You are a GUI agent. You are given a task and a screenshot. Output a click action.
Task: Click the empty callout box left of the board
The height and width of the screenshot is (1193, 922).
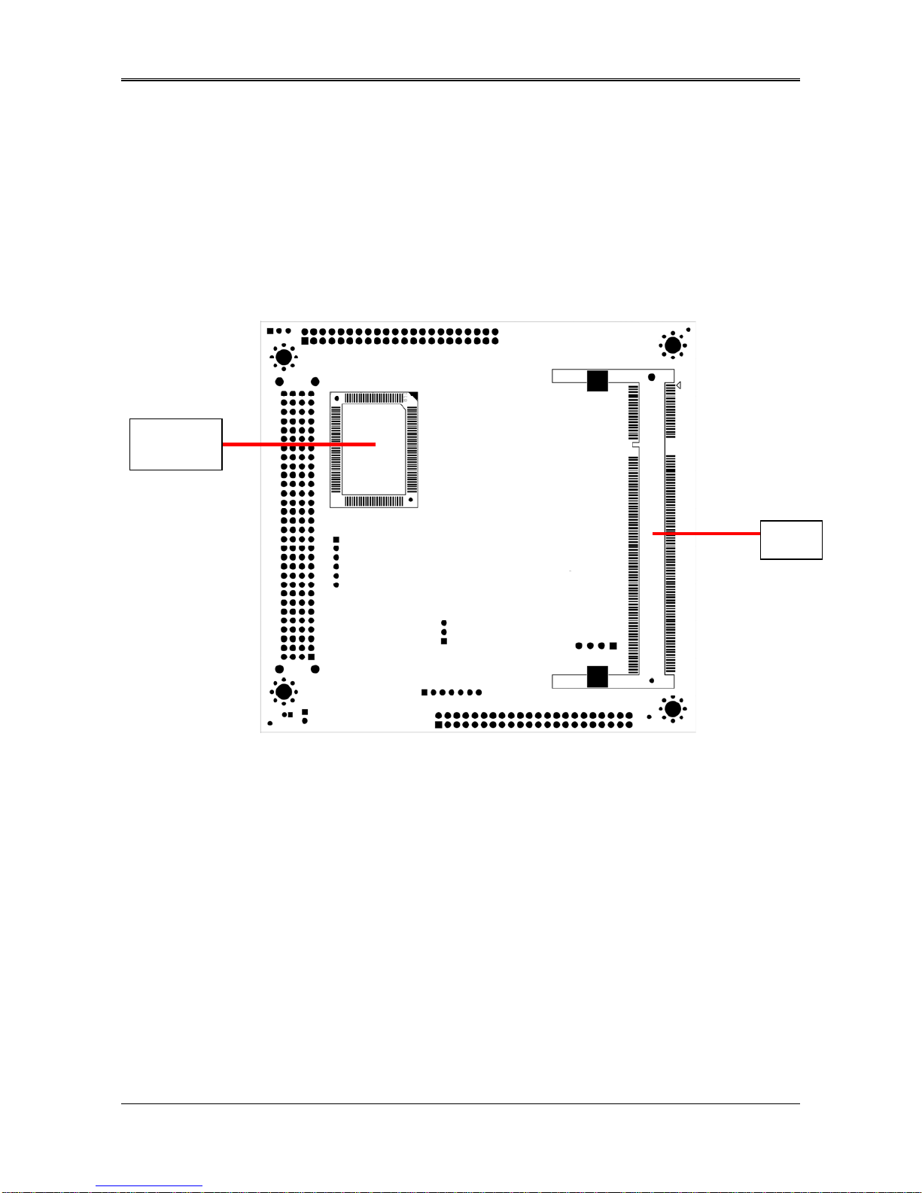(175, 444)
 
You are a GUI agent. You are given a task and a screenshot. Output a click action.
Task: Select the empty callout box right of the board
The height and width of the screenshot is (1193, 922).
(790, 540)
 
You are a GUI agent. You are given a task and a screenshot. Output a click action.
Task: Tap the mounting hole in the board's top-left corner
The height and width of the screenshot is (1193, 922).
(283, 356)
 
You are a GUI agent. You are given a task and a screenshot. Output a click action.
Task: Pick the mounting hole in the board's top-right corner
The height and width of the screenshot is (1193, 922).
(672, 345)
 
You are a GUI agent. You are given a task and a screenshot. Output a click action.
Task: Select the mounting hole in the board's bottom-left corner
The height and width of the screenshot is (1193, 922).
(283, 691)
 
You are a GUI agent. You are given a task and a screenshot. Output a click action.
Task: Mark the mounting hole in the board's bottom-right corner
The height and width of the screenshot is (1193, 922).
(672, 708)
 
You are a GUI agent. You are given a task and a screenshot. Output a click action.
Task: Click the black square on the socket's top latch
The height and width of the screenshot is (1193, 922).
(597, 381)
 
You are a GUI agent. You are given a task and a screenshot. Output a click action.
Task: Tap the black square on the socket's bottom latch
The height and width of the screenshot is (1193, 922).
(597, 677)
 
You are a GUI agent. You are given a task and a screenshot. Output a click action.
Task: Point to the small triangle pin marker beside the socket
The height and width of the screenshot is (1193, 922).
(678, 385)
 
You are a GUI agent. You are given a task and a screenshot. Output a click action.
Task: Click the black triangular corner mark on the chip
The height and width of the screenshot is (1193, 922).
(412, 397)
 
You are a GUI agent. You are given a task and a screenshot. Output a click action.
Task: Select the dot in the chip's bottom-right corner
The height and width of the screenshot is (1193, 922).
(410, 500)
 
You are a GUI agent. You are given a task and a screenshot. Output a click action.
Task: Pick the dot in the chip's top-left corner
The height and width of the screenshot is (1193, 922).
(336, 398)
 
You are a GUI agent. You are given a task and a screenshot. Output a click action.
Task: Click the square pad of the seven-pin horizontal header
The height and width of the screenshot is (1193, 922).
(424, 692)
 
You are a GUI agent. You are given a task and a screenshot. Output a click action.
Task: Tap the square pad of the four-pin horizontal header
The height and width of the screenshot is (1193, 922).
(613, 646)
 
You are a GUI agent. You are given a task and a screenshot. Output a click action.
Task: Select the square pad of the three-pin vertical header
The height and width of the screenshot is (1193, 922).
(444, 641)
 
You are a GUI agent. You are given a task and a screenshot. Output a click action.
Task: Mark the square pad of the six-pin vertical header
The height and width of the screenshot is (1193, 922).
(336, 540)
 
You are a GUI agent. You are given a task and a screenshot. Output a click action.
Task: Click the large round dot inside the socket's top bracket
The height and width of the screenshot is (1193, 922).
(651, 377)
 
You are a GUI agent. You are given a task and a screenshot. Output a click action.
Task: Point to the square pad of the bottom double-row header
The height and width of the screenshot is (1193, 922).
(438, 725)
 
